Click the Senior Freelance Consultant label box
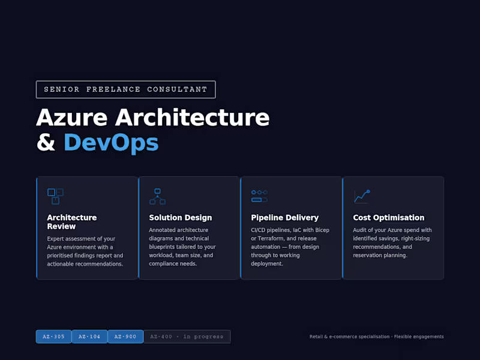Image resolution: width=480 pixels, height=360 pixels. point(125,89)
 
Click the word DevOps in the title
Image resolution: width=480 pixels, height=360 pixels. point(111,143)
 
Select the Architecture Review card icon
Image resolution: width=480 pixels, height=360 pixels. point(55,196)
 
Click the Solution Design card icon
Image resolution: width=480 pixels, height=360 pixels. point(157,196)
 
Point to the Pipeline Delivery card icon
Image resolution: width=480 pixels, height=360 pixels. point(259,196)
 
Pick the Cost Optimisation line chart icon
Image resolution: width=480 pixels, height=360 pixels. point(361,196)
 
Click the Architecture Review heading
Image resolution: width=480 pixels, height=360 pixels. point(71,222)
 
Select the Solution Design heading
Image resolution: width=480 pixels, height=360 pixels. point(180,218)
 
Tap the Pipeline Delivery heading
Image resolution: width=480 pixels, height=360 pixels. point(284,218)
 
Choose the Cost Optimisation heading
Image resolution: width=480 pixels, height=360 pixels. point(388,218)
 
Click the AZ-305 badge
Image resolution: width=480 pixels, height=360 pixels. point(54,337)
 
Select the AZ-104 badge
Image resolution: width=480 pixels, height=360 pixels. point(90,337)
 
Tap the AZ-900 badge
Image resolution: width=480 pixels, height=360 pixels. point(126,337)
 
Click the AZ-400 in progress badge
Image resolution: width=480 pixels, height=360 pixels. point(187,337)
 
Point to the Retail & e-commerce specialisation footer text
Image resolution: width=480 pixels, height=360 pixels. point(376,337)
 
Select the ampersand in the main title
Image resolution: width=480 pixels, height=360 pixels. point(46,143)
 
